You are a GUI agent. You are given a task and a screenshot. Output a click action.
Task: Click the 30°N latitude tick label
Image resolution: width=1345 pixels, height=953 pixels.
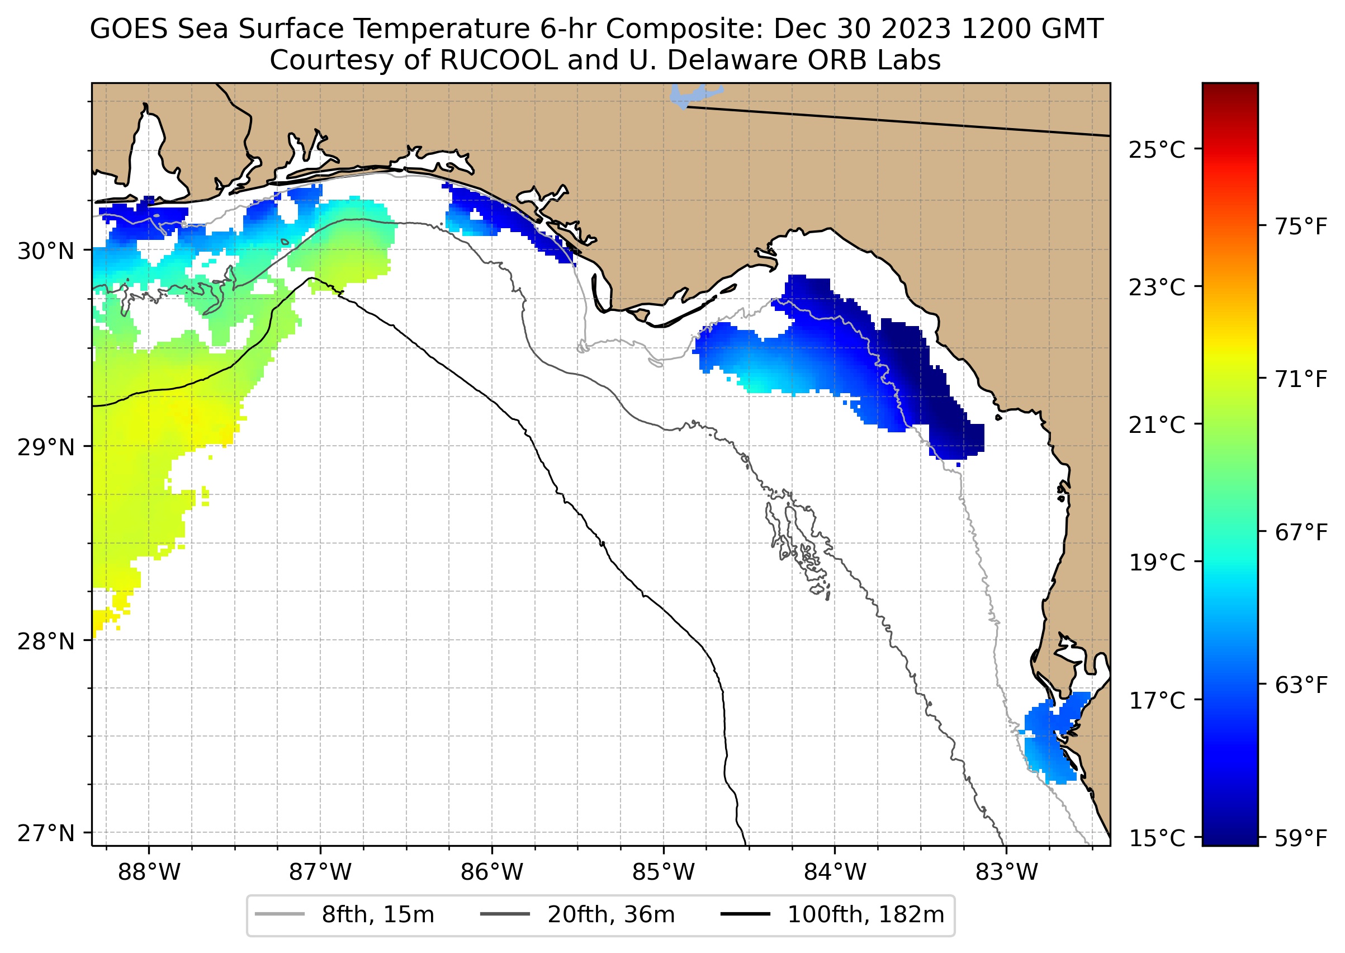46,251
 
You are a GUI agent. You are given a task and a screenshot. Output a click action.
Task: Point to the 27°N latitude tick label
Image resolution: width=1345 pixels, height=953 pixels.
46,833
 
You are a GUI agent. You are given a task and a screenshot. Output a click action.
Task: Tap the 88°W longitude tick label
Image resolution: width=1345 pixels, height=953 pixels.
149,872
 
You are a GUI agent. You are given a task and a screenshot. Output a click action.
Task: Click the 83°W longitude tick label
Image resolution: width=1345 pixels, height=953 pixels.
1007,872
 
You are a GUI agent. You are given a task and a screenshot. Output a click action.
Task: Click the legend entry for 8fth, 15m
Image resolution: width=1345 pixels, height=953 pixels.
346,915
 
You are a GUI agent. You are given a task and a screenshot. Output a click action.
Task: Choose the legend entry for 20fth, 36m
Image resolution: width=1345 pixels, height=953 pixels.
578,915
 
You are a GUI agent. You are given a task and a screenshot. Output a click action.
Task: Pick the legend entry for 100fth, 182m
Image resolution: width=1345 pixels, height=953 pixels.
833,915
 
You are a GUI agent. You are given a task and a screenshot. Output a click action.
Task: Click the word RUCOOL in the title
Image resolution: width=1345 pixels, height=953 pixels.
498,60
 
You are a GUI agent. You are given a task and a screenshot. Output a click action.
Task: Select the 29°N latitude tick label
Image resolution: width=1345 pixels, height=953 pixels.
46,448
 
